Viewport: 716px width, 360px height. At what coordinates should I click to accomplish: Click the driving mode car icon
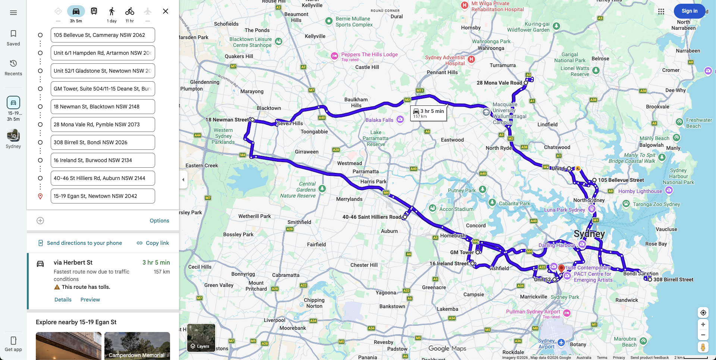click(76, 11)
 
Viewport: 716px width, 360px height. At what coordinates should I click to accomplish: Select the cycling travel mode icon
click(129, 11)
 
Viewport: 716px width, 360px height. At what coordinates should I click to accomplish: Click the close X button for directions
click(166, 11)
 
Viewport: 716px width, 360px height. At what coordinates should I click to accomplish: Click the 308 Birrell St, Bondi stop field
click(103, 142)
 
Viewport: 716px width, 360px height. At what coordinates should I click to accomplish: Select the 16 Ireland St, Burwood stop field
click(103, 160)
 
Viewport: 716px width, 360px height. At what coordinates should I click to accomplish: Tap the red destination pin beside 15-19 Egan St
click(40, 196)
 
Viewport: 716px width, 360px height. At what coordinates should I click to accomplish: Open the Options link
click(159, 221)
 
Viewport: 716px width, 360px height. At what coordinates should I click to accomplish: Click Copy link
click(153, 243)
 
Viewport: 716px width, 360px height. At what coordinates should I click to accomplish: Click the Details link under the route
click(63, 300)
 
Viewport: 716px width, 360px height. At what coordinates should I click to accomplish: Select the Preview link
click(90, 300)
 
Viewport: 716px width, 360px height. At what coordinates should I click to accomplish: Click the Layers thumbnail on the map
click(201, 338)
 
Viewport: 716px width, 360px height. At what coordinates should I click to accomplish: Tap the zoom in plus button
click(703, 325)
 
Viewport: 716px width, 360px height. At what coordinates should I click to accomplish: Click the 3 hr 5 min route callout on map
click(428, 113)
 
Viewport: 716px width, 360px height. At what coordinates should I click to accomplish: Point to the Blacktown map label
click(269, 108)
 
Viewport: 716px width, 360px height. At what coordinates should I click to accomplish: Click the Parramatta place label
click(365, 171)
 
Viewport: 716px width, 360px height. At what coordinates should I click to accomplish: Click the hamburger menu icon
click(13, 13)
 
